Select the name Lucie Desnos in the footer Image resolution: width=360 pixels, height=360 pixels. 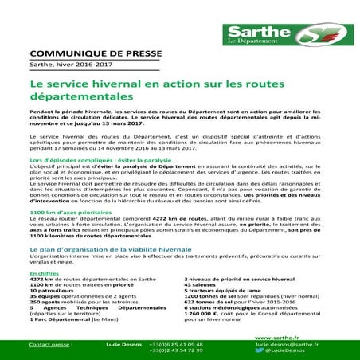122,344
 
